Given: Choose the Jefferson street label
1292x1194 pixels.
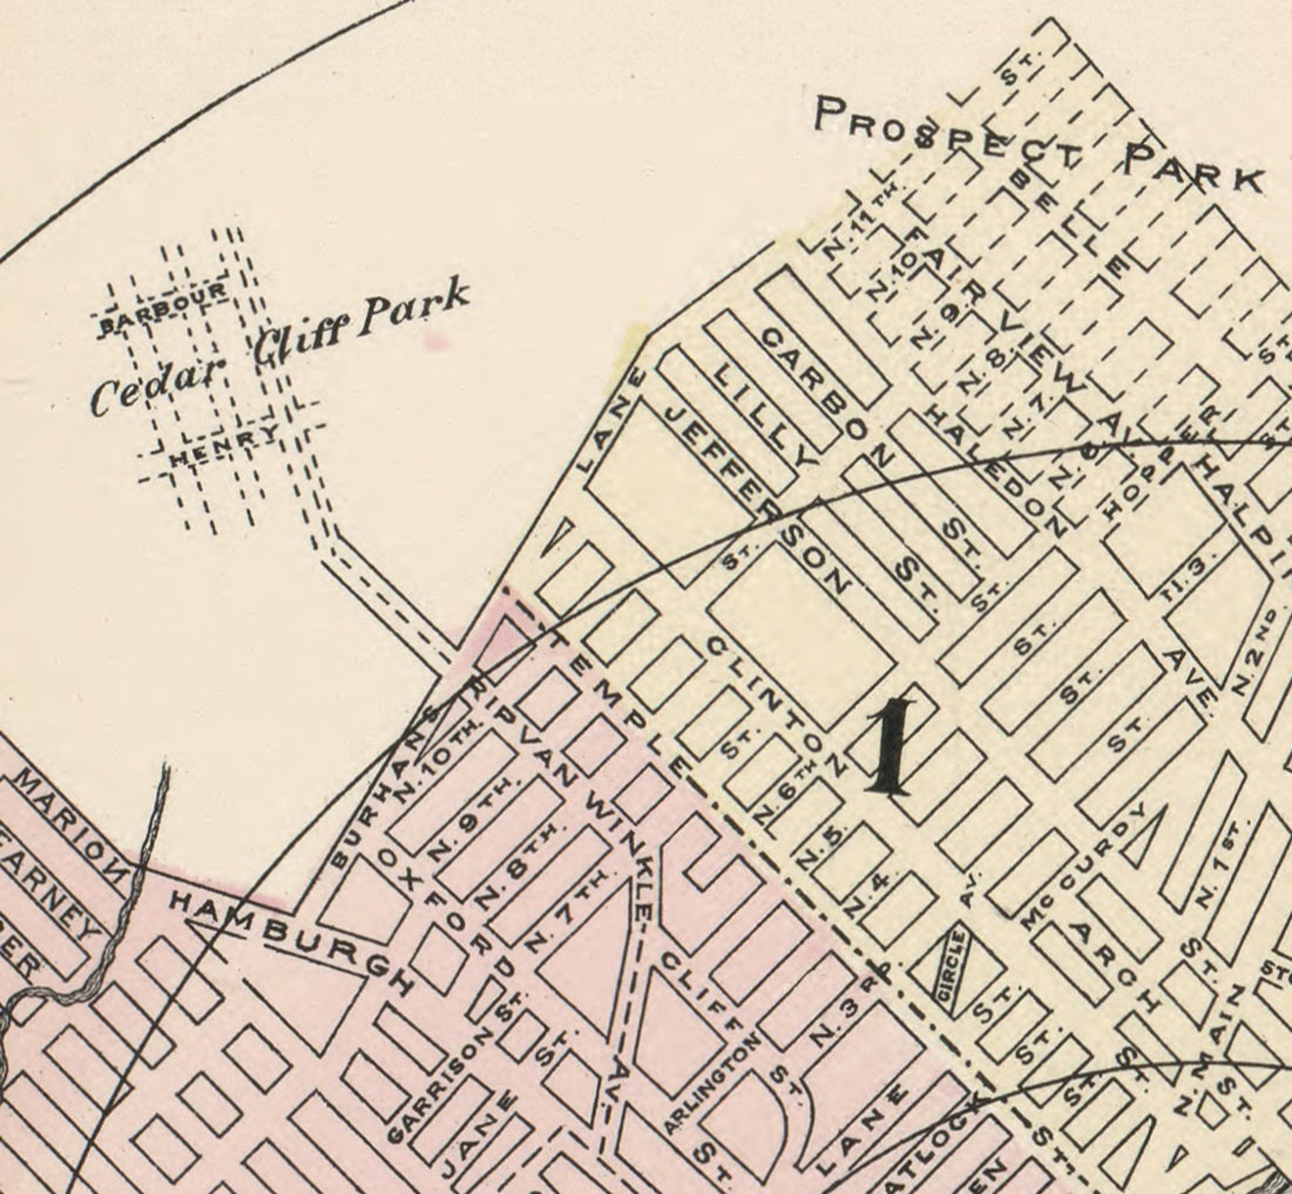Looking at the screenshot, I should [757, 496].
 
